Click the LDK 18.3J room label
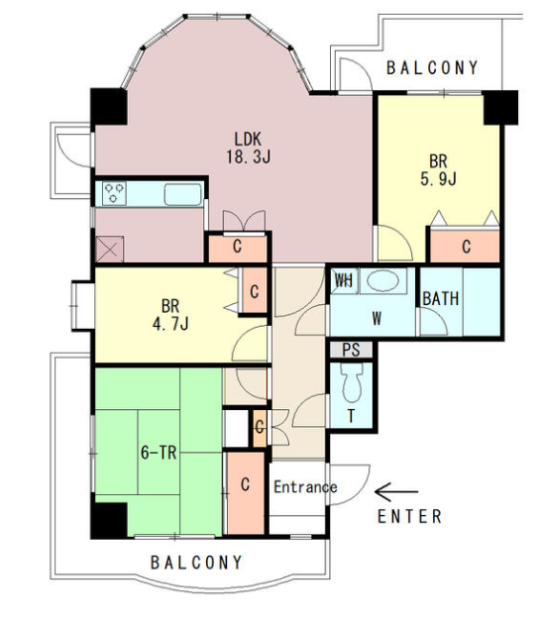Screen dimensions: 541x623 click(x=249, y=148)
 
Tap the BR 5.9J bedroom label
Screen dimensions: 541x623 click(x=438, y=170)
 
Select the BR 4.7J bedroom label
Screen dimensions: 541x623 click(x=170, y=315)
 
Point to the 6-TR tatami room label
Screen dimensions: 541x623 click(x=159, y=453)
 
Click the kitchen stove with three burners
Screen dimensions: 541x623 click(x=114, y=193)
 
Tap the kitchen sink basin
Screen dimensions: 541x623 click(x=183, y=194)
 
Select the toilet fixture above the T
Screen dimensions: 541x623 click(x=352, y=382)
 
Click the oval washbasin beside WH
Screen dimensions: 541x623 click(x=382, y=281)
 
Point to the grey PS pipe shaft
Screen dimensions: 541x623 click(x=352, y=350)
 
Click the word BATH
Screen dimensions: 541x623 click(x=441, y=298)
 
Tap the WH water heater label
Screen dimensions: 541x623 click(x=344, y=281)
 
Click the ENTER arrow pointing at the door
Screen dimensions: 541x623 click(x=396, y=492)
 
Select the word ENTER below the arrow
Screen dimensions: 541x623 click(x=409, y=516)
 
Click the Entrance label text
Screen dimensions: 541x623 click(x=305, y=487)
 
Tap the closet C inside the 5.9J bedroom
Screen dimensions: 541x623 click(x=467, y=247)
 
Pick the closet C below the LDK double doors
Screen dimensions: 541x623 click(x=238, y=247)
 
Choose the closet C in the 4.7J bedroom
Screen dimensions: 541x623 click(x=255, y=292)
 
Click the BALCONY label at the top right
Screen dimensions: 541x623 click(x=432, y=68)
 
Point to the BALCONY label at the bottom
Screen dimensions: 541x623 click(x=196, y=563)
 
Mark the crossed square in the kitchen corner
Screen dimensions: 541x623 click(x=110, y=250)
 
